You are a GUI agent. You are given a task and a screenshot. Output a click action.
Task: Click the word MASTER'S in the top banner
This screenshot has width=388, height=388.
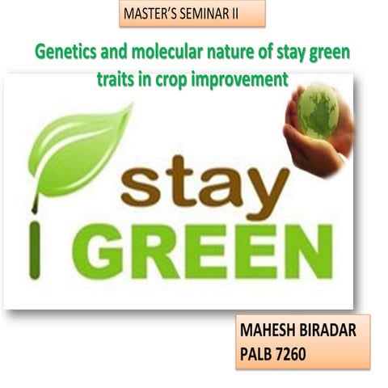click(x=150, y=14)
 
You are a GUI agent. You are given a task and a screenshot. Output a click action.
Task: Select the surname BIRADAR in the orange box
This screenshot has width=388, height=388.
click(x=337, y=331)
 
